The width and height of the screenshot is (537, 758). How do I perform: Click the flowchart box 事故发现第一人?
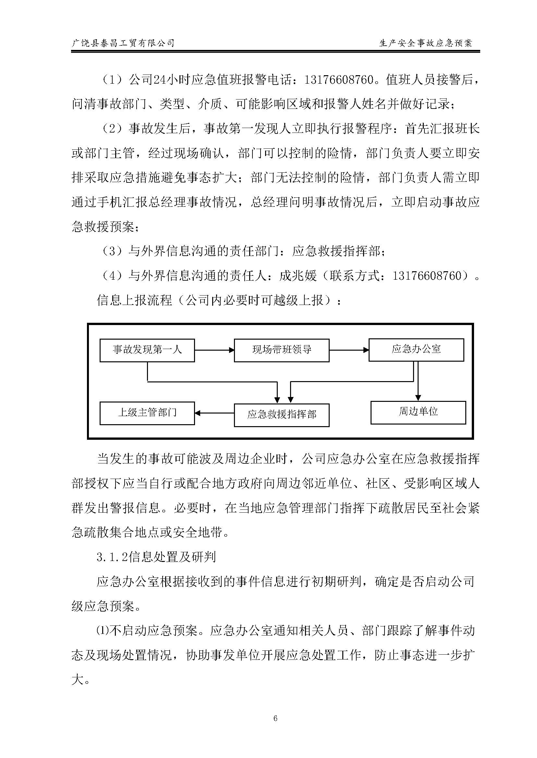pyautogui.click(x=147, y=350)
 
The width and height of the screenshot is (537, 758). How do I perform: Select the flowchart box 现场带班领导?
pyautogui.click(x=281, y=350)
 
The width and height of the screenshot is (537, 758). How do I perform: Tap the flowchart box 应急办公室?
pyautogui.click(x=416, y=350)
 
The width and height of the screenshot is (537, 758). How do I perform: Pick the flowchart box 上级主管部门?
pyautogui.click(x=147, y=413)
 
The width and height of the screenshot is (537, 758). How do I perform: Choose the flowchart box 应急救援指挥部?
pyautogui.click(x=281, y=415)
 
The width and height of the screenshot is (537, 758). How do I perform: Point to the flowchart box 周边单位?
pyautogui.click(x=418, y=412)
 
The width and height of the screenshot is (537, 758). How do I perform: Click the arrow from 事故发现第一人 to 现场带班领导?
pyautogui.click(x=214, y=350)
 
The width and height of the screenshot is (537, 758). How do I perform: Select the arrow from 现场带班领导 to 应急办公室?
pyautogui.click(x=349, y=350)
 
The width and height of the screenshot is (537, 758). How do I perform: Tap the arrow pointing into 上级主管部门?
pyautogui.click(x=214, y=413)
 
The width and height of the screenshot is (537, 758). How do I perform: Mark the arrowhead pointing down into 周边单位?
pyautogui.click(x=418, y=398)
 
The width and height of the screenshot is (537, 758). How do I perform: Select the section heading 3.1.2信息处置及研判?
pyautogui.click(x=156, y=557)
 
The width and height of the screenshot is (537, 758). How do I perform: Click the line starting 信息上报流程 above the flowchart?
pyautogui.click(x=218, y=300)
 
